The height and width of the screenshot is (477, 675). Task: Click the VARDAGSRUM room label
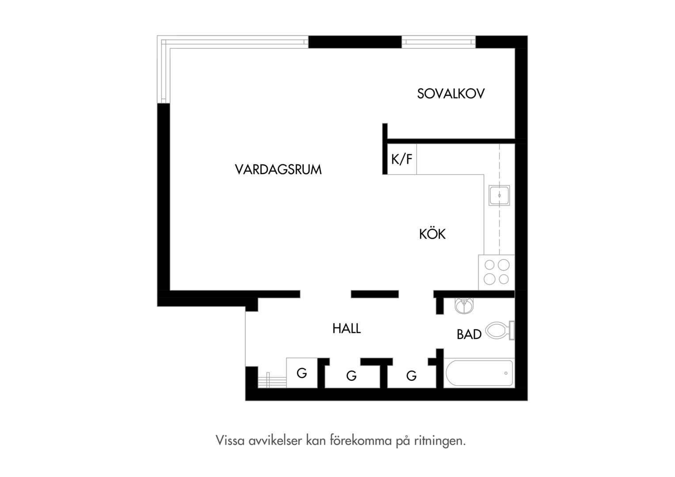tap(278, 169)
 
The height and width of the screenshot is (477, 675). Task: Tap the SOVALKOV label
tap(451, 94)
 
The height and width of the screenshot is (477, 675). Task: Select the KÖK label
tap(432, 234)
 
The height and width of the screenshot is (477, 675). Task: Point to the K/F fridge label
tap(402, 159)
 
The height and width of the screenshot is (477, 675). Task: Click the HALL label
tap(346, 329)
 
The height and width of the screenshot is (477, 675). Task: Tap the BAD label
tap(469, 334)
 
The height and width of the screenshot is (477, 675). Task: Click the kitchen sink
tap(499, 195)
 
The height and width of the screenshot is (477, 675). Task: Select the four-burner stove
tap(496, 273)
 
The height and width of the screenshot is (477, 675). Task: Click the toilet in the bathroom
tap(500, 330)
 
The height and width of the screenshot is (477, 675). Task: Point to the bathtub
tap(479, 373)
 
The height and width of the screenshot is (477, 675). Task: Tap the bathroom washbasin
tap(464, 306)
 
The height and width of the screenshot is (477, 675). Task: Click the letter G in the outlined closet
tap(302, 373)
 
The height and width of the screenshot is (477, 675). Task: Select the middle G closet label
tap(351, 376)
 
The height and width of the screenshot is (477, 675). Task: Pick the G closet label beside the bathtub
tap(411, 376)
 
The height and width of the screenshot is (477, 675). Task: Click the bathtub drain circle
tap(506, 373)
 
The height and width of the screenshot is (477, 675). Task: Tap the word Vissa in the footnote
tap(230, 440)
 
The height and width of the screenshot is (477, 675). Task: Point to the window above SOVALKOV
tap(439, 42)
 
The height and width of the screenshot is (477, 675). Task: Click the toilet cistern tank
tap(512, 330)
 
